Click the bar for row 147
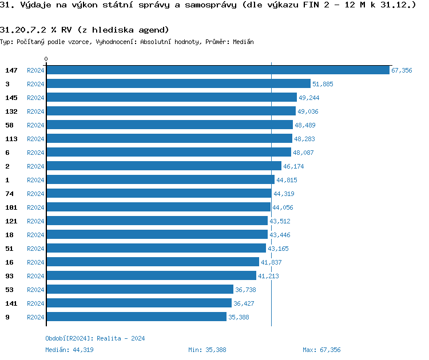217,70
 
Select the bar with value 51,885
178,83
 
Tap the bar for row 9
136,317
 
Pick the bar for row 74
158,193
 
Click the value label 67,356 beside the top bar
402,70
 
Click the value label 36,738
245,290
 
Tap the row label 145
11,97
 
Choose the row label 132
11,111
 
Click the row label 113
11,138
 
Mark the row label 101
11,207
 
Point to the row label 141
11,303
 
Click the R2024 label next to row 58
35,125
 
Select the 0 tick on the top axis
46,59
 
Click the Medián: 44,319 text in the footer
69,349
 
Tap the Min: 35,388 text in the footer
207,349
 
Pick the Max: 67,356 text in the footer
321,349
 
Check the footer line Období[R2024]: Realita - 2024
95,338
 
